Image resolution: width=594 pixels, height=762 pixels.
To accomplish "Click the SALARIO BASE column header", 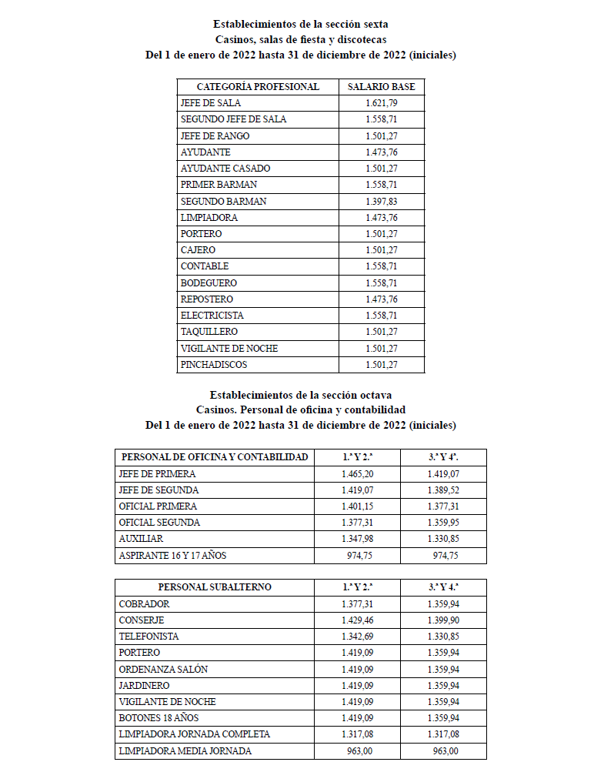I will [382, 87].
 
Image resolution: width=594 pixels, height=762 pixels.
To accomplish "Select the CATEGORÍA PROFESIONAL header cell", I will [258, 87].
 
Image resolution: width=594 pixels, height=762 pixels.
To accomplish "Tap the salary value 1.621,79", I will [382, 103].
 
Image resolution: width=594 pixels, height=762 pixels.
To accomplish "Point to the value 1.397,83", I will [382, 201].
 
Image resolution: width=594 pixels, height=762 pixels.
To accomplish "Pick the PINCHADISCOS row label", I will [214, 364].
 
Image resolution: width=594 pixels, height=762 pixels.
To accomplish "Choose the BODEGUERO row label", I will [209, 282].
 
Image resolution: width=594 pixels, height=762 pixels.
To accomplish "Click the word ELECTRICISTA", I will [212, 316].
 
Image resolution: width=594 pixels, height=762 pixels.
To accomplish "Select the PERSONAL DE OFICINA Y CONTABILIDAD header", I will [215, 457].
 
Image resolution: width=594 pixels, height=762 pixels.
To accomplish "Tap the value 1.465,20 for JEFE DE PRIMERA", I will [358, 474].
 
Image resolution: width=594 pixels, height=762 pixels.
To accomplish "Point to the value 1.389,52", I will [444, 490].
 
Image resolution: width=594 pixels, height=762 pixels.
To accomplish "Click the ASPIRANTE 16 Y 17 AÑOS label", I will [173, 555].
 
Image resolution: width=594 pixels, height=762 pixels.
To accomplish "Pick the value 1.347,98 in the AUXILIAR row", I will [358, 539].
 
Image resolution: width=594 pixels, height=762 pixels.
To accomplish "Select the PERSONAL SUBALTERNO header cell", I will [215, 587].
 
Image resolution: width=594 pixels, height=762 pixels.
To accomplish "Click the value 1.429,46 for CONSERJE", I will [358, 620].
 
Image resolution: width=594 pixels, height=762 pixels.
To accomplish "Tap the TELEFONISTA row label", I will [149, 637].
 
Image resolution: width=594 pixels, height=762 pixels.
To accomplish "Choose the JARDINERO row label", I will [145, 685].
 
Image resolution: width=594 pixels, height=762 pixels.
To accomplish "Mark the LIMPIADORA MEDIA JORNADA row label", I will [185, 750].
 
